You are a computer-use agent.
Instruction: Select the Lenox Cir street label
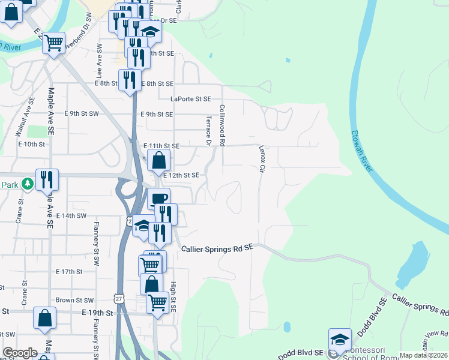click(x=262, y=158)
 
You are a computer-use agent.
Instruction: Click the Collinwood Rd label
click(x=222, y=125)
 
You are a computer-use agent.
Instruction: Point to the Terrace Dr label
click(x=209, y=131)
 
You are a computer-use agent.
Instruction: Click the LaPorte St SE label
click(x=191, y=99)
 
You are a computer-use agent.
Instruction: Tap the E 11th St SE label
click(x=161, y=146)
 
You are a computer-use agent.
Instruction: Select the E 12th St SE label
click(x=181, y=175)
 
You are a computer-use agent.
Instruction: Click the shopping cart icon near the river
click(x=54, y=43)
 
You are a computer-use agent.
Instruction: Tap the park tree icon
click(x=27, y=184)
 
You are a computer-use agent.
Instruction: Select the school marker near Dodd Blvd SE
click(x=340, y=338)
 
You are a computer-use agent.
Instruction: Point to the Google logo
click(x=20, y=353)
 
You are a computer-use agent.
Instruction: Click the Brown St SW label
click(x=74, y=300)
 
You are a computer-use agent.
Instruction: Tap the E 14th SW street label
click(x=71, y=215)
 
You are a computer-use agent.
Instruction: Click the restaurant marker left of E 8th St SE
click(x=130, y=79)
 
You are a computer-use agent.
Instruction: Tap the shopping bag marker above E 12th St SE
click(x=159, y=160)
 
